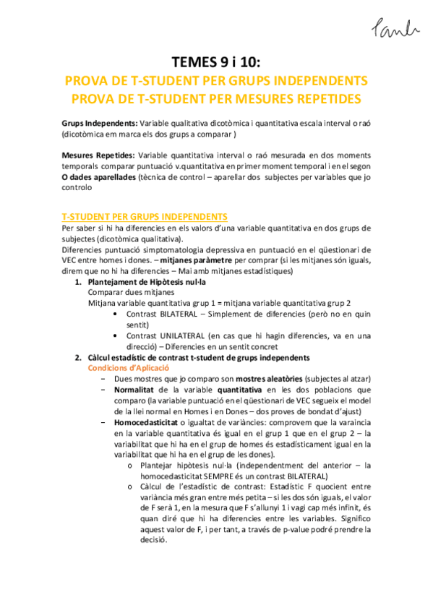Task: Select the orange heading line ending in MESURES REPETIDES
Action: pyautogui.click(x=216, y=97)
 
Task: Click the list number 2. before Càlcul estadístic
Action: pyautogui.click(x=79, y=358)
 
